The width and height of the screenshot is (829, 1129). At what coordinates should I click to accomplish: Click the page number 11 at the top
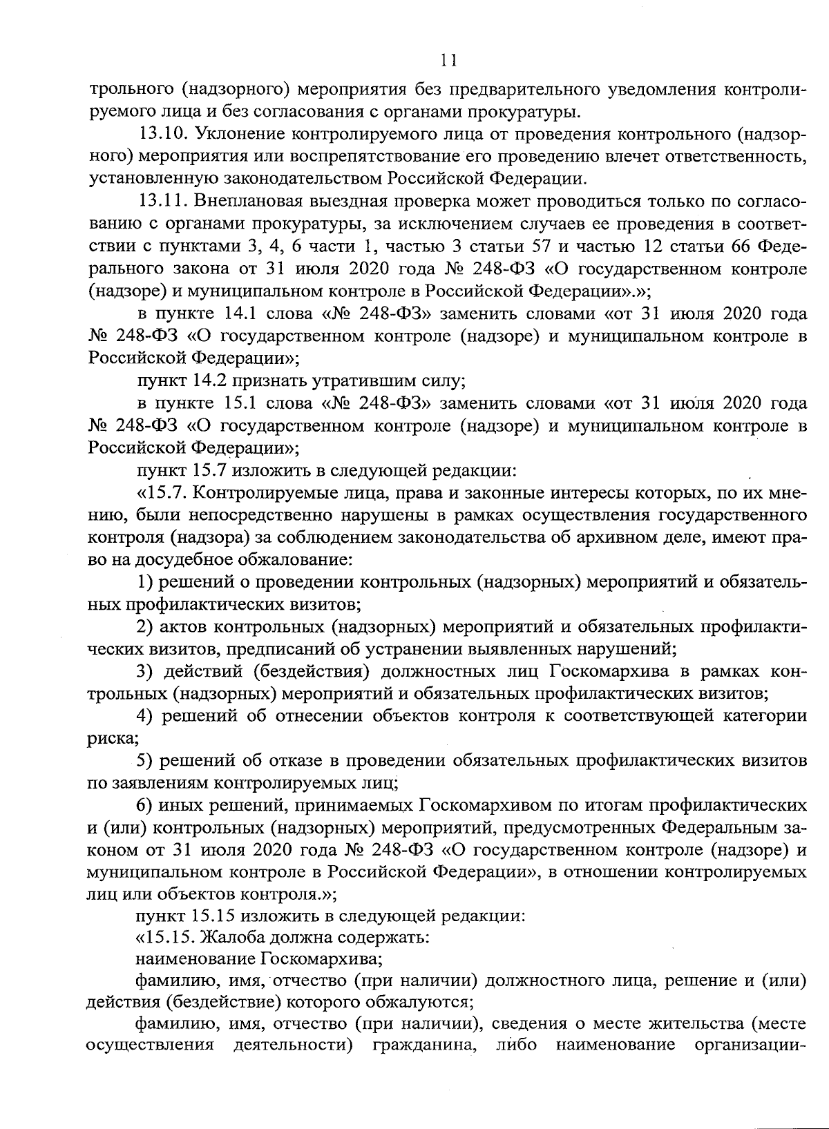[448, 61]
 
